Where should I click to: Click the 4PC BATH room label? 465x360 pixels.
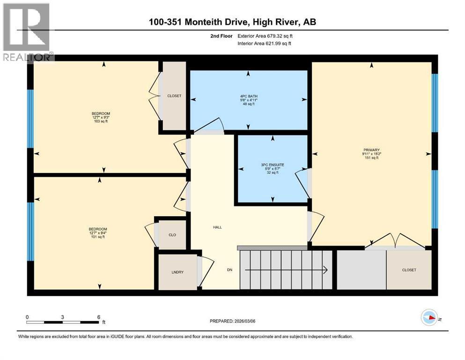[x=249, y=96]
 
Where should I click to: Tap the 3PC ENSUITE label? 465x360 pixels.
[x=273, y=165]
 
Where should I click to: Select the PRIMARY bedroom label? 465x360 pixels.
[x=371, y=150]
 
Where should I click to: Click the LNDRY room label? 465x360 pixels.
[x=177, y=272]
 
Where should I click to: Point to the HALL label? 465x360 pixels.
[x=217, y=227]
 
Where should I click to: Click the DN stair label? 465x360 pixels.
[x=229, y=270]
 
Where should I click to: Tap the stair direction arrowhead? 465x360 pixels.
[x=325, y=270]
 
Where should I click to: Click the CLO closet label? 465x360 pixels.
[x=172, y=235]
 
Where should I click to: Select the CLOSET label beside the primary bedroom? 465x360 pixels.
[x=409, y=270]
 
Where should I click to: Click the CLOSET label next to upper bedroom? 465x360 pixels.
[x=174, y=96]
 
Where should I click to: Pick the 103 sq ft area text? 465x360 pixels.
[x=101, y=121]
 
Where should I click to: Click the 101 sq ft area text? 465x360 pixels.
[x=98, y=237]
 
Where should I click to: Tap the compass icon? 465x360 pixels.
[x=429, y=317]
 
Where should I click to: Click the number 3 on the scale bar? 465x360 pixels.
[x=63, y=317]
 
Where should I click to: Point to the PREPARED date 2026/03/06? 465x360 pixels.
[x=245, y=321]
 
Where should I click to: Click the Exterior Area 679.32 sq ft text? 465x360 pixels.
[x=265, y=36]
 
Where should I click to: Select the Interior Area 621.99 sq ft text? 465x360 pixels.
[x=264, y=43]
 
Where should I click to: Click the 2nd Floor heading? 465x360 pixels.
[x=221, y=36]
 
